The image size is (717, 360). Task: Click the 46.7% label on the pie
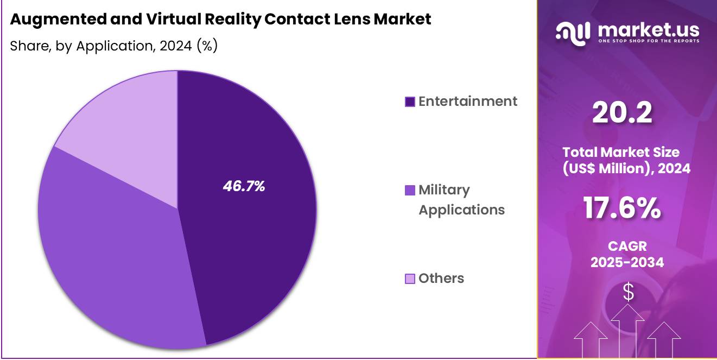coord(244,186)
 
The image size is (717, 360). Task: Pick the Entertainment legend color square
coord(410,102)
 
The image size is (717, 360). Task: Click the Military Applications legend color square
coord(410,191)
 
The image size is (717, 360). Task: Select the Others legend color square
coord(410,279)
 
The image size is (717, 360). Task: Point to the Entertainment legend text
coord(468,102)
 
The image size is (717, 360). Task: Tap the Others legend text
coord(441,279)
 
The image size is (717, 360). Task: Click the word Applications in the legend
coord(461,210)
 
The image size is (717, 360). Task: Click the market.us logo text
coord(648,29)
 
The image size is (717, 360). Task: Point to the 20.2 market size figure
coord(622,113)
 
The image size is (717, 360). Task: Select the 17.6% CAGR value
coord(622,207)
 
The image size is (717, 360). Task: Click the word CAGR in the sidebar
coord(627,246)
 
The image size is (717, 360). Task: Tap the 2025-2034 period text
coord(627,263)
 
